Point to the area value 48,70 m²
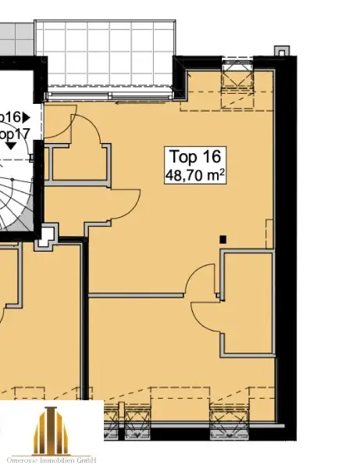[194, 175]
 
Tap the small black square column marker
[223, 239]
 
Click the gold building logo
[52, 430]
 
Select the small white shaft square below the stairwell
[48, 233]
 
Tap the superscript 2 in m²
[223, 172]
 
